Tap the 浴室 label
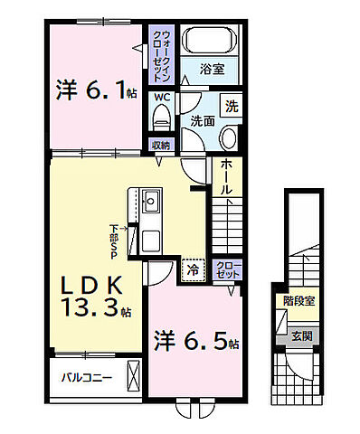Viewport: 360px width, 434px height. [x=213, y=70]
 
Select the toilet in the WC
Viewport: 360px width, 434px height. [x=161, y=118]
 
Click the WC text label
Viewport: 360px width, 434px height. [x=162, y=98]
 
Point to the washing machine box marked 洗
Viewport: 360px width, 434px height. [x=232, y=106]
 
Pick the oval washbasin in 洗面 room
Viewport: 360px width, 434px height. [x=229, y=137]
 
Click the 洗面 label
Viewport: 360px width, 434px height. [x=203, y=121]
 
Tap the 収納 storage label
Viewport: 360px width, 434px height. [x=161, y=146]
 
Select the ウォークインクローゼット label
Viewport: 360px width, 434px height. [x=162, y=56]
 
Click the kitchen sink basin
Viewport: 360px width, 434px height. [x=151, y=201]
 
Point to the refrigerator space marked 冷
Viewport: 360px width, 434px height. [x=194, y=270]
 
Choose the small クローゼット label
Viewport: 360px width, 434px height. [x=228, y=269]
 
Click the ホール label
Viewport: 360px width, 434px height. [x=227, y=177]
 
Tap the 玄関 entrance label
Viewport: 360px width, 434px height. [x=302, y=335]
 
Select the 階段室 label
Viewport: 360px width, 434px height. [x=298, y=301]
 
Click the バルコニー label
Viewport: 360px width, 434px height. [x=87, y=377]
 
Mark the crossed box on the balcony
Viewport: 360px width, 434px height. [x=134, y=376]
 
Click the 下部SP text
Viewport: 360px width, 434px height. [x=114, y=241]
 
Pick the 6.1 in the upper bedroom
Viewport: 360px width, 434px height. [x=104, y=90]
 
